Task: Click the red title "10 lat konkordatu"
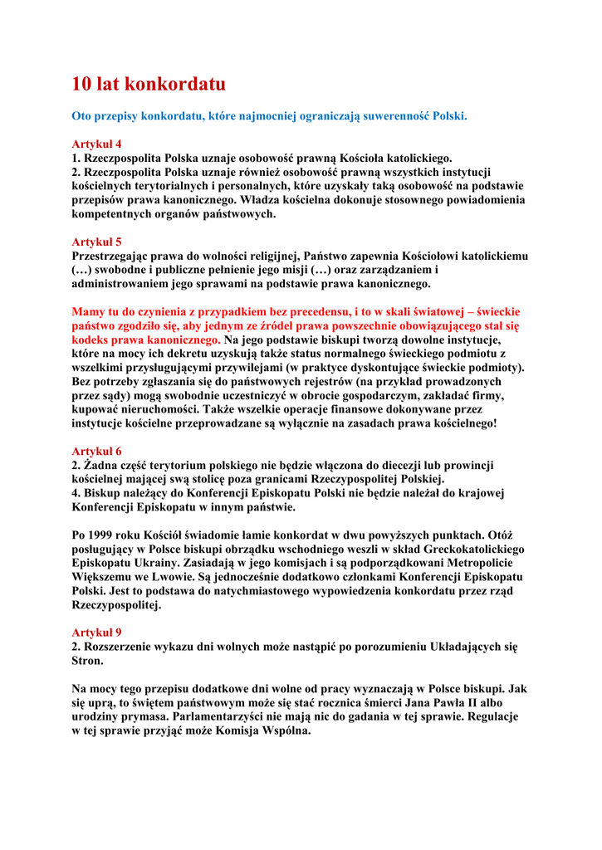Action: [x=149, y=84]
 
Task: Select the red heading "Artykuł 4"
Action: [x=96, y=144]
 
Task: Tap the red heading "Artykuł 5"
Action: [x=96, y=242]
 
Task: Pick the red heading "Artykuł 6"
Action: [x=96, y=451]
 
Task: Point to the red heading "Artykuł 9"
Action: [x=96, y=632]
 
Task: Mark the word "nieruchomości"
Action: [x=164, y=409]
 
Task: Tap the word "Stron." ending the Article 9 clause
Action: [x=89, y=660]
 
